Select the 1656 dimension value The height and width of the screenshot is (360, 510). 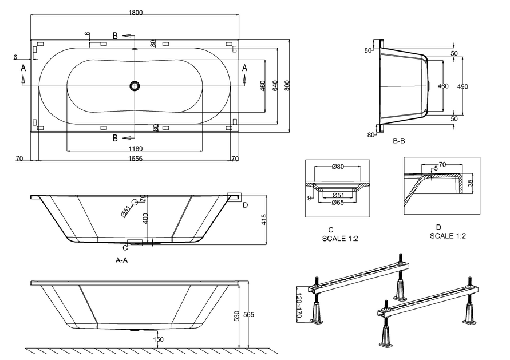(x=136, y=158)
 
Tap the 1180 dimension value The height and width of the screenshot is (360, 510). (x=135, y=149)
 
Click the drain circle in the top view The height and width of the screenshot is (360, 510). (x=135, y=86)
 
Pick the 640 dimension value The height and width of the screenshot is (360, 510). (x=275, y=85)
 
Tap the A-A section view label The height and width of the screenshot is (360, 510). (x=122, y=259)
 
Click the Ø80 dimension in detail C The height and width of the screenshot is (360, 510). (x=338, y=167)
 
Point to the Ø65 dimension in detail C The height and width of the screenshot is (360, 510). (x=338, y=203)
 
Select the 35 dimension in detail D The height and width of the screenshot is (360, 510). (x=469, y=184)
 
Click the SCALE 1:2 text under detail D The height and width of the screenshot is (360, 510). (x=448, y=235)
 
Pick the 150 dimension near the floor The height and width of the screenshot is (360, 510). (x=158, y=339)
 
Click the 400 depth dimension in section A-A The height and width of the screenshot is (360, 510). (x=145, y=218)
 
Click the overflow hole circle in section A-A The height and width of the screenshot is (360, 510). (x=135, y=202)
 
